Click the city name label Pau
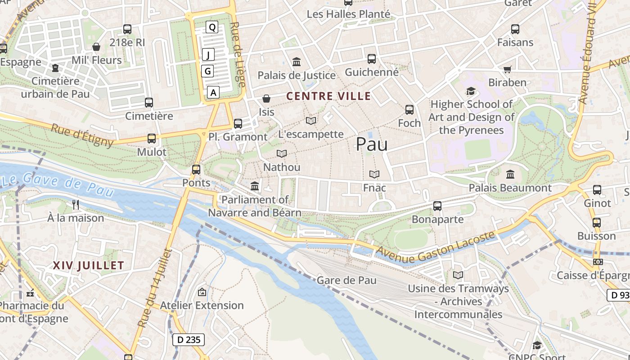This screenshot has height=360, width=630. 371,144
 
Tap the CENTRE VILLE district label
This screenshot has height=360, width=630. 328,96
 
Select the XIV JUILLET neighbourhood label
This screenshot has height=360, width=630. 88,265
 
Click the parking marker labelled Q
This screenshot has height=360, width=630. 212,27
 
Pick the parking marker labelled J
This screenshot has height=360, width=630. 208,55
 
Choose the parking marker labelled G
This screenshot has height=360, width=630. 207,71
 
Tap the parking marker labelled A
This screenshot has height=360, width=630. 213,92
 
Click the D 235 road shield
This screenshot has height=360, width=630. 189,340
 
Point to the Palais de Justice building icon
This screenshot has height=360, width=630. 297,62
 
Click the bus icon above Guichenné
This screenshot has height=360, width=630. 372,58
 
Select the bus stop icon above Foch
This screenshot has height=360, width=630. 409,109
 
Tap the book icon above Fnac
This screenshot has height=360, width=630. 374,174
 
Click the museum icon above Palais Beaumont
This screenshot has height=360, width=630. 510,174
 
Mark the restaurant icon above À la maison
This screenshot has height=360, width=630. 76,205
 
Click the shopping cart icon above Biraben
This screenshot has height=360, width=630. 508,69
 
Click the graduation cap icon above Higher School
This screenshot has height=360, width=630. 471,91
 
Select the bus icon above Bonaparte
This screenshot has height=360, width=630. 437,206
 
